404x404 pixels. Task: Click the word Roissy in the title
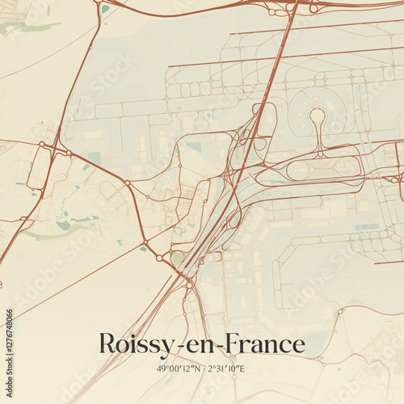point(133,343)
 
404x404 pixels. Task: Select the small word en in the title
point(200,345)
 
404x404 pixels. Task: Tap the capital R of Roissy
point(107,343)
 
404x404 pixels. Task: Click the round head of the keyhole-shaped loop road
point(318,116)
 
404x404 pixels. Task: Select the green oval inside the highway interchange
point(179,258)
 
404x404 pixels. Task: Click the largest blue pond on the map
point(63,226)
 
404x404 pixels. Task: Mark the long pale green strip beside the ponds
point(40,235)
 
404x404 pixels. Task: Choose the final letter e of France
point(299,345)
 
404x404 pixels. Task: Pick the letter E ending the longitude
point(243,368)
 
